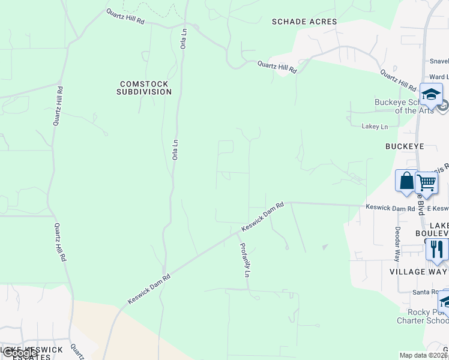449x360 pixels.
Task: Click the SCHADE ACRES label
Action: click(304, 22)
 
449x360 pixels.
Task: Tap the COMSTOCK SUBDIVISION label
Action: click(144, 88)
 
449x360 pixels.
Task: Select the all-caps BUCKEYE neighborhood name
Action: click(404, 146)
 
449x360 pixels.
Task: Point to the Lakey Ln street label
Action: click(375, 127)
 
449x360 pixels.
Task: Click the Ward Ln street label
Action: click(438, 77)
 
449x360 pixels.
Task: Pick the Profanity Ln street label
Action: click(244, 259)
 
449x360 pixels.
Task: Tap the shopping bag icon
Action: click(406, 181)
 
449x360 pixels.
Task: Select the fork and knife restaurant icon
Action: click(436, 249)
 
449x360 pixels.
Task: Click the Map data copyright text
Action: click(423, 355)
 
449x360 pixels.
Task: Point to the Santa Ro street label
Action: click(425, 292)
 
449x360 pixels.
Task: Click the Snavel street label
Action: click(439, 61)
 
